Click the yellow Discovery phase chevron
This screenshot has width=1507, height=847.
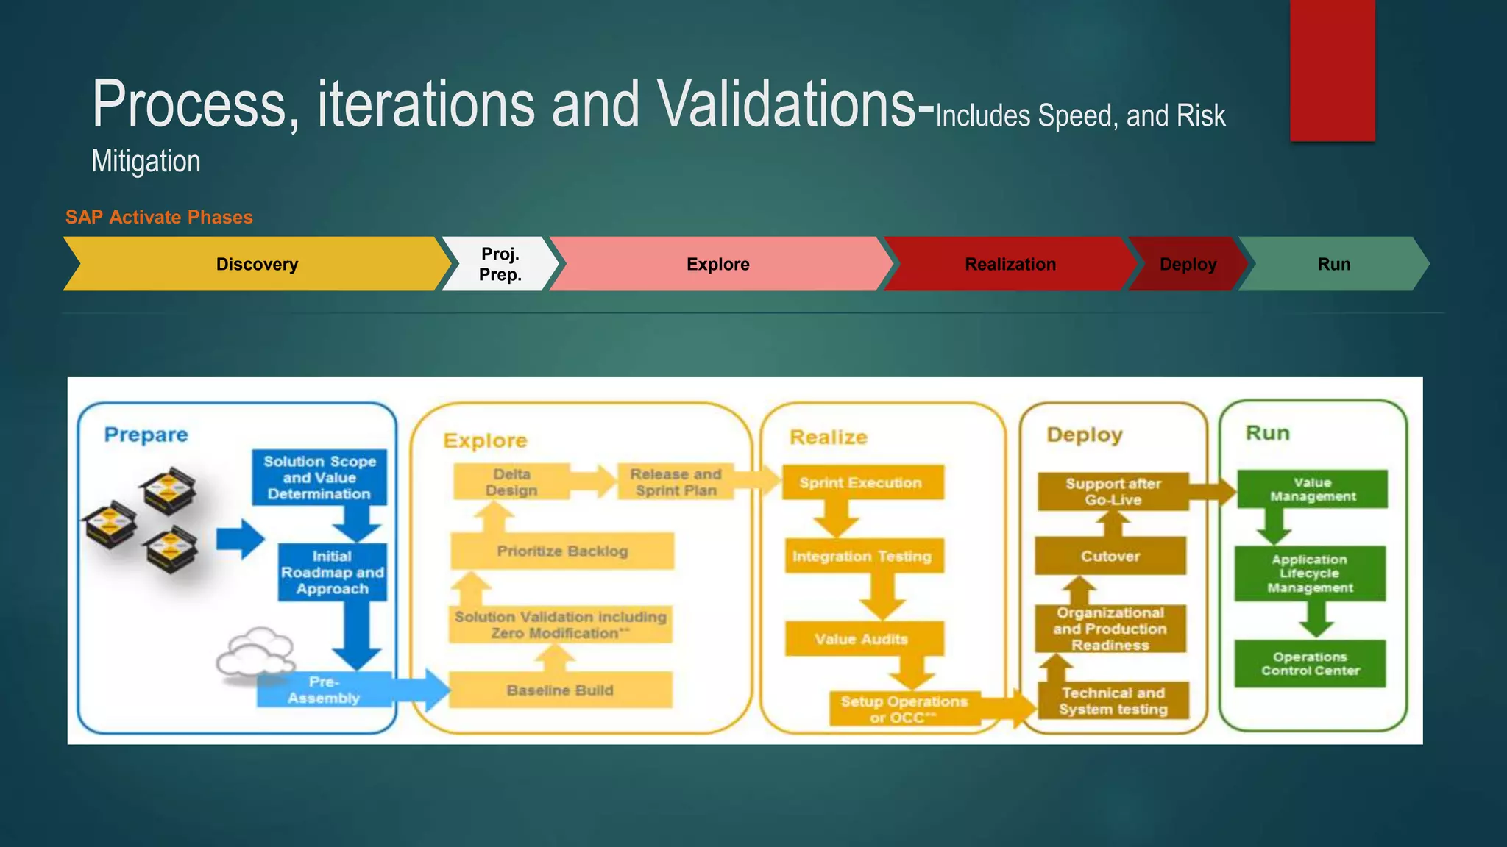click(257, 264)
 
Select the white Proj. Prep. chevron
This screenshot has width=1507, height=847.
click(500, 264)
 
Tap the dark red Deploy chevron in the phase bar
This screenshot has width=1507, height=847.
click(1187, 264)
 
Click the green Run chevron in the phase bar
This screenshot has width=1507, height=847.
click(1333, 264)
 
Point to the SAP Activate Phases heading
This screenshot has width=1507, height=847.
click(159, 217)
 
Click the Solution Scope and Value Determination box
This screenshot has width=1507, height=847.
click(319, 477)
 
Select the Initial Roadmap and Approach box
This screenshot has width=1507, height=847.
click(332, 572)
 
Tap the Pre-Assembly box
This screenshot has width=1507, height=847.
click(324, 690)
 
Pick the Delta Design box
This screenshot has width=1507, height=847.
click(511, 482)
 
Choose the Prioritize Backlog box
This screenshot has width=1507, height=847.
click(562, 551)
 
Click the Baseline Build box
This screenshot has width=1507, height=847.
click(560, 690)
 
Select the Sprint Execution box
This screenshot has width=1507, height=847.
click(861, 482)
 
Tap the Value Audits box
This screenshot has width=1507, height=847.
click(862, 639)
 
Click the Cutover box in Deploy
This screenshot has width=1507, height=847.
click(1110, 556)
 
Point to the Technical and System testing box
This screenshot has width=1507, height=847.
click(1113, 701)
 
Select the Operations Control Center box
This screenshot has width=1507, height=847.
click(1310, 663)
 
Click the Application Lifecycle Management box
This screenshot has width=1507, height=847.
click(1310, 573)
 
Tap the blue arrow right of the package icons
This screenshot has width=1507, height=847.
click(240, 539)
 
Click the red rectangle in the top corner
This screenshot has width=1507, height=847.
click(1332, 70)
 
